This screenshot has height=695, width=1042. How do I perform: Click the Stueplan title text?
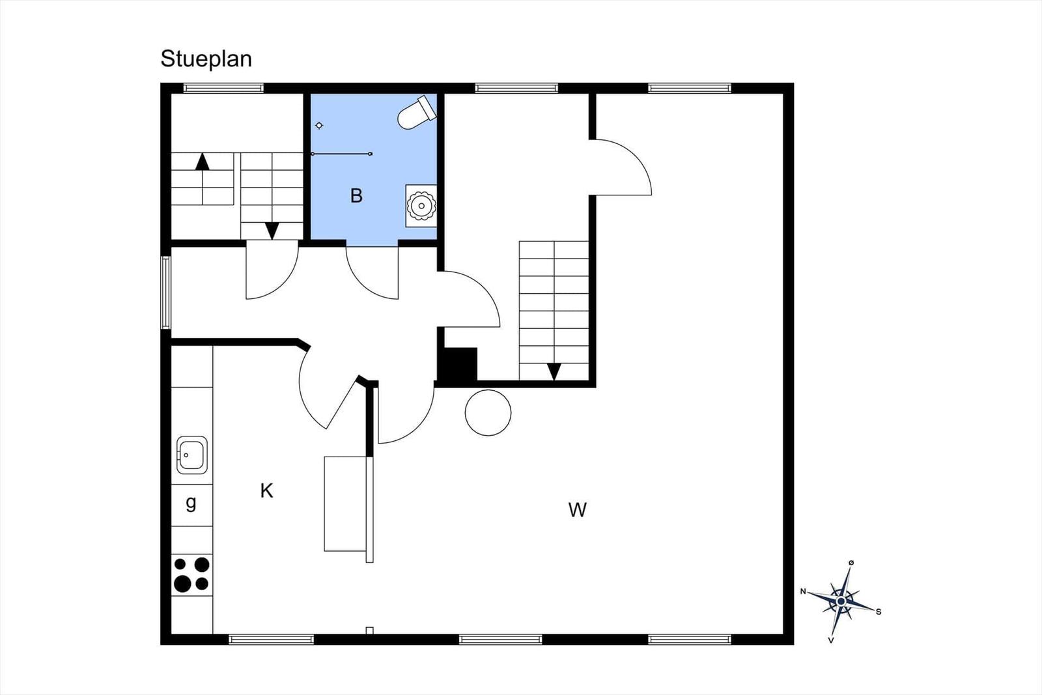pos(206,59)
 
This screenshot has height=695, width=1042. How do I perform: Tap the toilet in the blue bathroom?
pos(416,113)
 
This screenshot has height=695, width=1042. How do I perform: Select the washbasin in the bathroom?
pos(421,206)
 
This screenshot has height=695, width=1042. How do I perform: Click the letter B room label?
pos(356,196)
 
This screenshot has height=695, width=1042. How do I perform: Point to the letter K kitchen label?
pos(266,490)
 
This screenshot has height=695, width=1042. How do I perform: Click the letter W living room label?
pos(577,510)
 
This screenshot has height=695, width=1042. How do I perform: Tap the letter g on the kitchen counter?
pos(191,503)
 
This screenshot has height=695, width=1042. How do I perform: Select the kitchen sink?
pos(192,455)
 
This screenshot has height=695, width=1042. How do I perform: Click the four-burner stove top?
pos(191,574)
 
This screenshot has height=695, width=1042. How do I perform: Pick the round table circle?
pos(488,412)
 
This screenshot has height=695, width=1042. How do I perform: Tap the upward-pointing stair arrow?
pos(203,162)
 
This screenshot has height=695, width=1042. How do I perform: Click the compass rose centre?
pos(841,601)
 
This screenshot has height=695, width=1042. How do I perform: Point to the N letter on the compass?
pos(803,591)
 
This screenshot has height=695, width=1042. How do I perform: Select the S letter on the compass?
pos(879,612)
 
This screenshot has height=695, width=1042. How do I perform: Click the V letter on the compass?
pos(831,640)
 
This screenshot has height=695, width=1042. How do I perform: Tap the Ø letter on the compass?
pos(851,562)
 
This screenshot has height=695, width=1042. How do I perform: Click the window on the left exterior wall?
pos(165,292)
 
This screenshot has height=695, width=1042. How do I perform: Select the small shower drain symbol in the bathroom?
pos(319,126)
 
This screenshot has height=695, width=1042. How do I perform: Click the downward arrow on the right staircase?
pos(554,372)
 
